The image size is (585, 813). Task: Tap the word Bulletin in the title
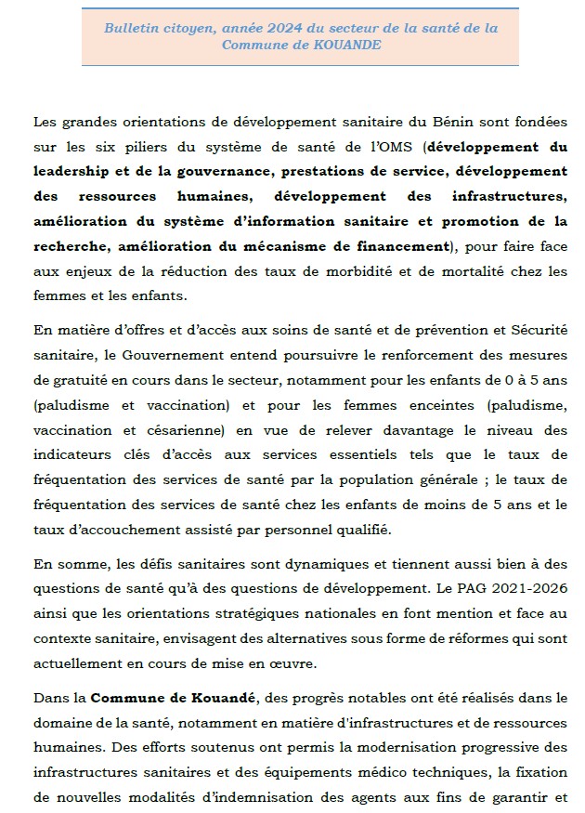(x=131, y=28)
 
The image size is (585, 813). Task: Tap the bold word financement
(x=400, y=246)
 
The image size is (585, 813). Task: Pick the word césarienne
(x=224, y=431)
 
